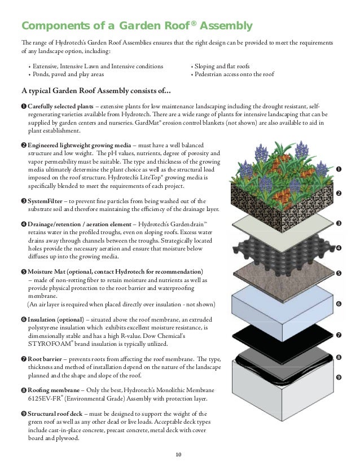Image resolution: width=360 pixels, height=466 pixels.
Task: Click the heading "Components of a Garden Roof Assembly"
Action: click(x=136, y=26)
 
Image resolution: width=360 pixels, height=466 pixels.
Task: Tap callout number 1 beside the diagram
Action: click(x=338, y=169)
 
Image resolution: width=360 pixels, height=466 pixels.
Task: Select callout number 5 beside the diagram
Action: click(x=338, y=274)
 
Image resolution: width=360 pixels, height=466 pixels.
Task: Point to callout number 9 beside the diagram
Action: click(x=338, y=377)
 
